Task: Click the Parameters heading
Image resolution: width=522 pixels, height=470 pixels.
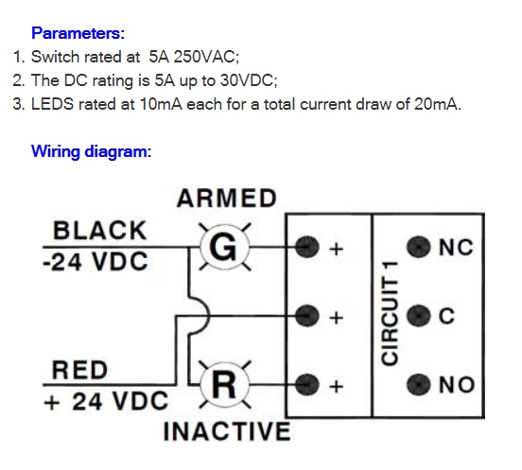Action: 78,33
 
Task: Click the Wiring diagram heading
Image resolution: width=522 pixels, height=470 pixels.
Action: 91,151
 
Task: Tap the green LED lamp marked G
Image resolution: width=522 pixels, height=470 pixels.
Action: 224,248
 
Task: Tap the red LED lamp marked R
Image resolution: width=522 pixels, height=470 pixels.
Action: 224,385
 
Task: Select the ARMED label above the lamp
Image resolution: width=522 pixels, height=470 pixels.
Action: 227,198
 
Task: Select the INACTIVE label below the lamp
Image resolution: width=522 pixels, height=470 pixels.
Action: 227,431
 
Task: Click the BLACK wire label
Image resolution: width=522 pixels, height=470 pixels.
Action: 100,231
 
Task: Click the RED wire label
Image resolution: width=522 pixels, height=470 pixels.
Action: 79,370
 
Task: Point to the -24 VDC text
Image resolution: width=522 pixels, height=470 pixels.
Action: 96,261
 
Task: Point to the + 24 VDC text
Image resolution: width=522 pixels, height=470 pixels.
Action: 106,401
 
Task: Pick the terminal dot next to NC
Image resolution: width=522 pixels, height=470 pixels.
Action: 418,247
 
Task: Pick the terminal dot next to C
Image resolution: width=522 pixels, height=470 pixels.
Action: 418,316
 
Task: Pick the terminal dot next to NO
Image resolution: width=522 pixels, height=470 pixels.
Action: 418,385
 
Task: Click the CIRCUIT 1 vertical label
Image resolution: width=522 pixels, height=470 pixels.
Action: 390,313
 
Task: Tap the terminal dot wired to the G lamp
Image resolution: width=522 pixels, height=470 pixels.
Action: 307,247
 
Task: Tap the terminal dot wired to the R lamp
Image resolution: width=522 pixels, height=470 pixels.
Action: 307,385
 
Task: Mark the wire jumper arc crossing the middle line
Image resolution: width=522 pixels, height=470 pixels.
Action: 207,314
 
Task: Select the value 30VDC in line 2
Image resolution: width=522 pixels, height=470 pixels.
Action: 248,80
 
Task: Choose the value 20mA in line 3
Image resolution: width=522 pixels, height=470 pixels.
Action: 437,104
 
